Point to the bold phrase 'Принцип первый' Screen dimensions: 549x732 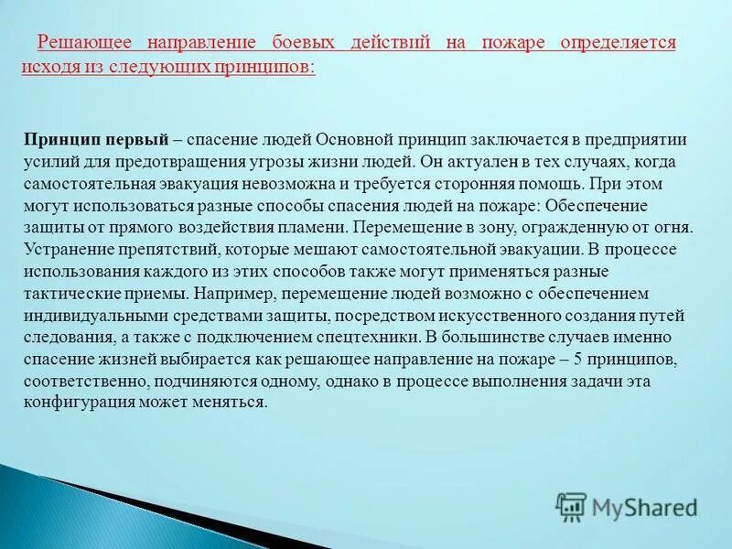(x=96, y=140)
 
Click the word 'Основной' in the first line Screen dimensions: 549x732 (x=351, y=140)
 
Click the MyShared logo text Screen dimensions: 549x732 (x=644, y=506)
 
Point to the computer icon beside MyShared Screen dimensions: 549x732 (x=571, y=506)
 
